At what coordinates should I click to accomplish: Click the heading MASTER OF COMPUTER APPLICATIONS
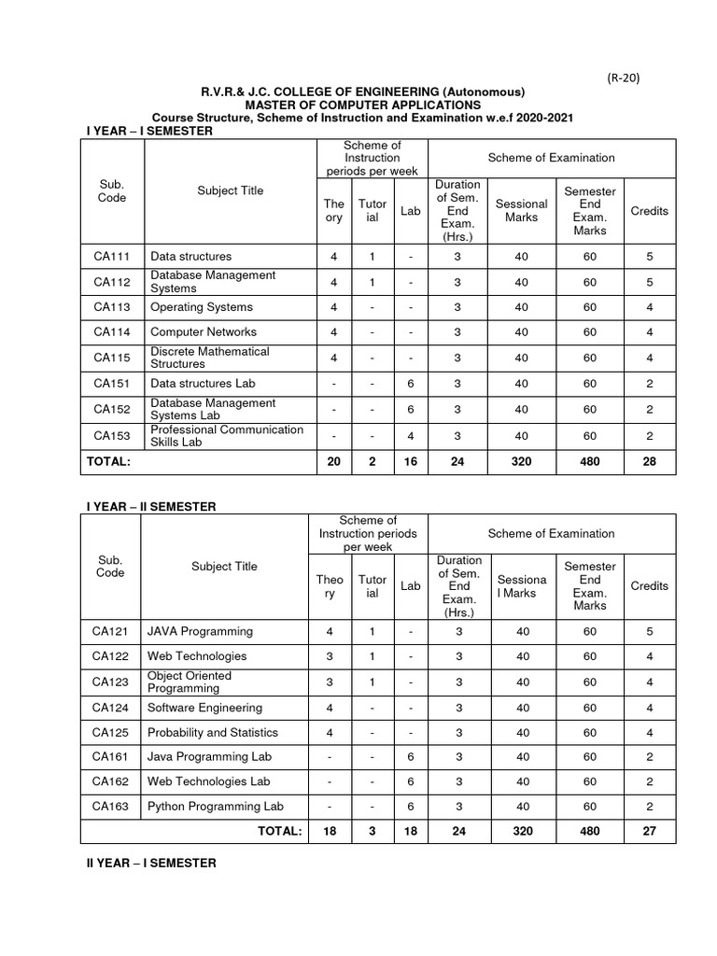coord(363,105)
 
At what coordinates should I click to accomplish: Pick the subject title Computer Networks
coord(204,332)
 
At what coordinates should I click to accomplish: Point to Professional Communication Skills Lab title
coord(227,435)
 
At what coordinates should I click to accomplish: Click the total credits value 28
coord(650,461)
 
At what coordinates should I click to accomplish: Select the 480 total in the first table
coord(589,461)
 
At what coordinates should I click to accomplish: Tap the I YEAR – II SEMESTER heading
coord(151,506)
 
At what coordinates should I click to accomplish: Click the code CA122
coord(110,656)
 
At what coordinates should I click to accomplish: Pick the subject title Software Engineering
coord(204,708)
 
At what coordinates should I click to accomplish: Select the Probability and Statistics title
coord(213,733)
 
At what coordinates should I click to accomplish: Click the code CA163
coord(110,807)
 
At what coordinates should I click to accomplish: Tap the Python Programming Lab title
coord(215,807)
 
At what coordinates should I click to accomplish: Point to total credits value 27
coord(650,832)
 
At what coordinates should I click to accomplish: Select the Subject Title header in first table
coord(230,191)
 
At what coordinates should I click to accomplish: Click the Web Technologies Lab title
coord(208,781)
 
